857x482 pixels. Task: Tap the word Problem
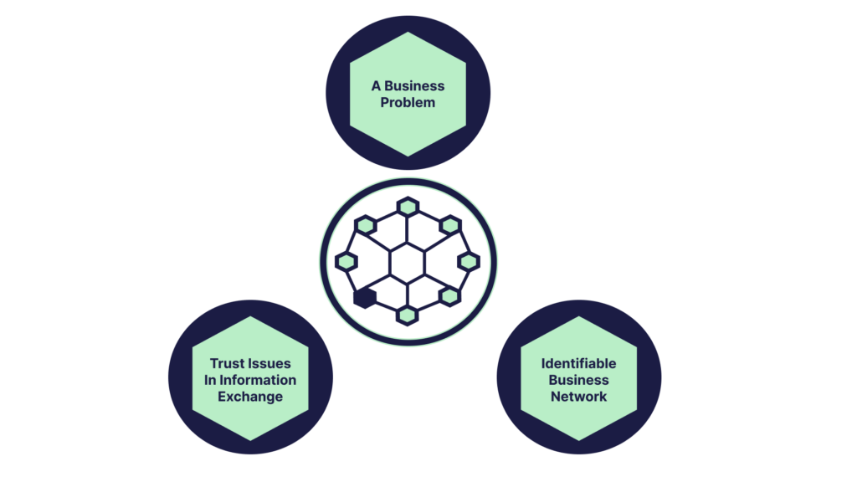[408, 103]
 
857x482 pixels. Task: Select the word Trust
[227, 364]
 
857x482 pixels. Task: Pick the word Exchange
[250, 397]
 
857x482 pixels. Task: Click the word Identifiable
[578, 364]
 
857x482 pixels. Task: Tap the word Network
[578, 397]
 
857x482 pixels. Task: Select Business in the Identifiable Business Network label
[578, 380]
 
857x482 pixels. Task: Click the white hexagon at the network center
[408, 263]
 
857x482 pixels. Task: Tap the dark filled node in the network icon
[363, 298]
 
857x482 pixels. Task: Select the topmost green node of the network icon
[408, 206]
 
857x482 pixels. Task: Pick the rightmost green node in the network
[469, 262]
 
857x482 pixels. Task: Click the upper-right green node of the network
[450, 224]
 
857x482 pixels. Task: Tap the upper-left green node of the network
[365, 224]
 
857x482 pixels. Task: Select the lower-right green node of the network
[449, 296]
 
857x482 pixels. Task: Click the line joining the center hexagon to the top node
[408, 231]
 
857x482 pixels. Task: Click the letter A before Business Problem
[377, 86]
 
